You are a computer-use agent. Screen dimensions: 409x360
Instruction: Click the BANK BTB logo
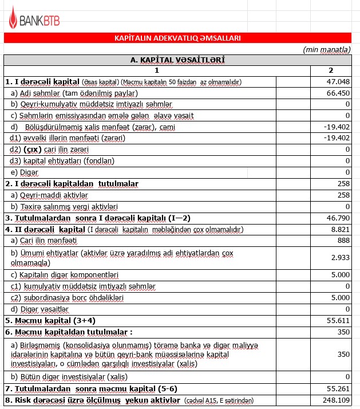tap(33, 21)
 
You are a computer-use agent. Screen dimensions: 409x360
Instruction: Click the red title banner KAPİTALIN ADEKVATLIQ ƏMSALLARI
tap(177, 38)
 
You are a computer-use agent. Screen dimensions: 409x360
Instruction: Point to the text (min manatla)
tap(327, 50)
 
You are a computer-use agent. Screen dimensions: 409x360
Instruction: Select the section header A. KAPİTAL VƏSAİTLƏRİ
tap(177, 60)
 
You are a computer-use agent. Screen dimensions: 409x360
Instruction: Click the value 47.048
tap(338, 82)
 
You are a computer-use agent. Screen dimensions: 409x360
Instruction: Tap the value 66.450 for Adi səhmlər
tap(338, 93)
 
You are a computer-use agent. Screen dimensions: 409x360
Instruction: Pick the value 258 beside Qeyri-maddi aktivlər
tap(343, 195)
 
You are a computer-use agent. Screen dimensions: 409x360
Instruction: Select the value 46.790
tap(338, 218)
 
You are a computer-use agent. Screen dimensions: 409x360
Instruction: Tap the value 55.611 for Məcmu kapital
tap(338, 320)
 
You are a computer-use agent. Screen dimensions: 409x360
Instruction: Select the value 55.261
tap(338, 388)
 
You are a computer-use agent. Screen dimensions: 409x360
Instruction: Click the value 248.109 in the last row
tap(336, 400)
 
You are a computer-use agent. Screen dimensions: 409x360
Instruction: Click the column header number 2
tap(330, 70)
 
